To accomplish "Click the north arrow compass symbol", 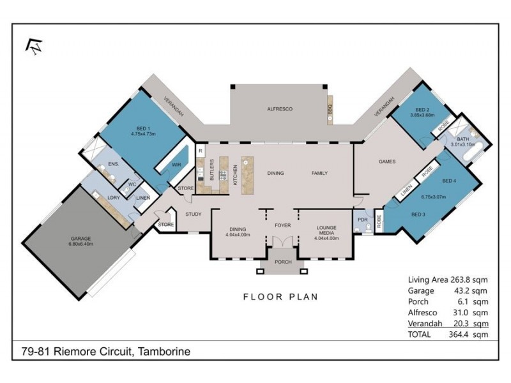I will pyautogui.click(x=33, y=46).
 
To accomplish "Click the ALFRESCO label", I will pyautogui.click(x=279, y=109).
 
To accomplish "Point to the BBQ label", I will pyautogui.click(x=330, y=109).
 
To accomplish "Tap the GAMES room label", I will pyautogui.click(x=387, y=161).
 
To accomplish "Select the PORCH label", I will pyautogui.click(x=282, y=262).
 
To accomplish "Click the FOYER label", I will pyautogui.click(x=282, y=225).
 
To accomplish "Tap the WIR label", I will pyautogui.click(x=176, y=164).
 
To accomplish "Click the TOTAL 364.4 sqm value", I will pyautogui.click(x=469, y=334).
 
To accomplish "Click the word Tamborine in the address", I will pyautogui.click(x=164, y=351).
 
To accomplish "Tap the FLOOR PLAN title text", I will pyautogui.click(x=280, y=297).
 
